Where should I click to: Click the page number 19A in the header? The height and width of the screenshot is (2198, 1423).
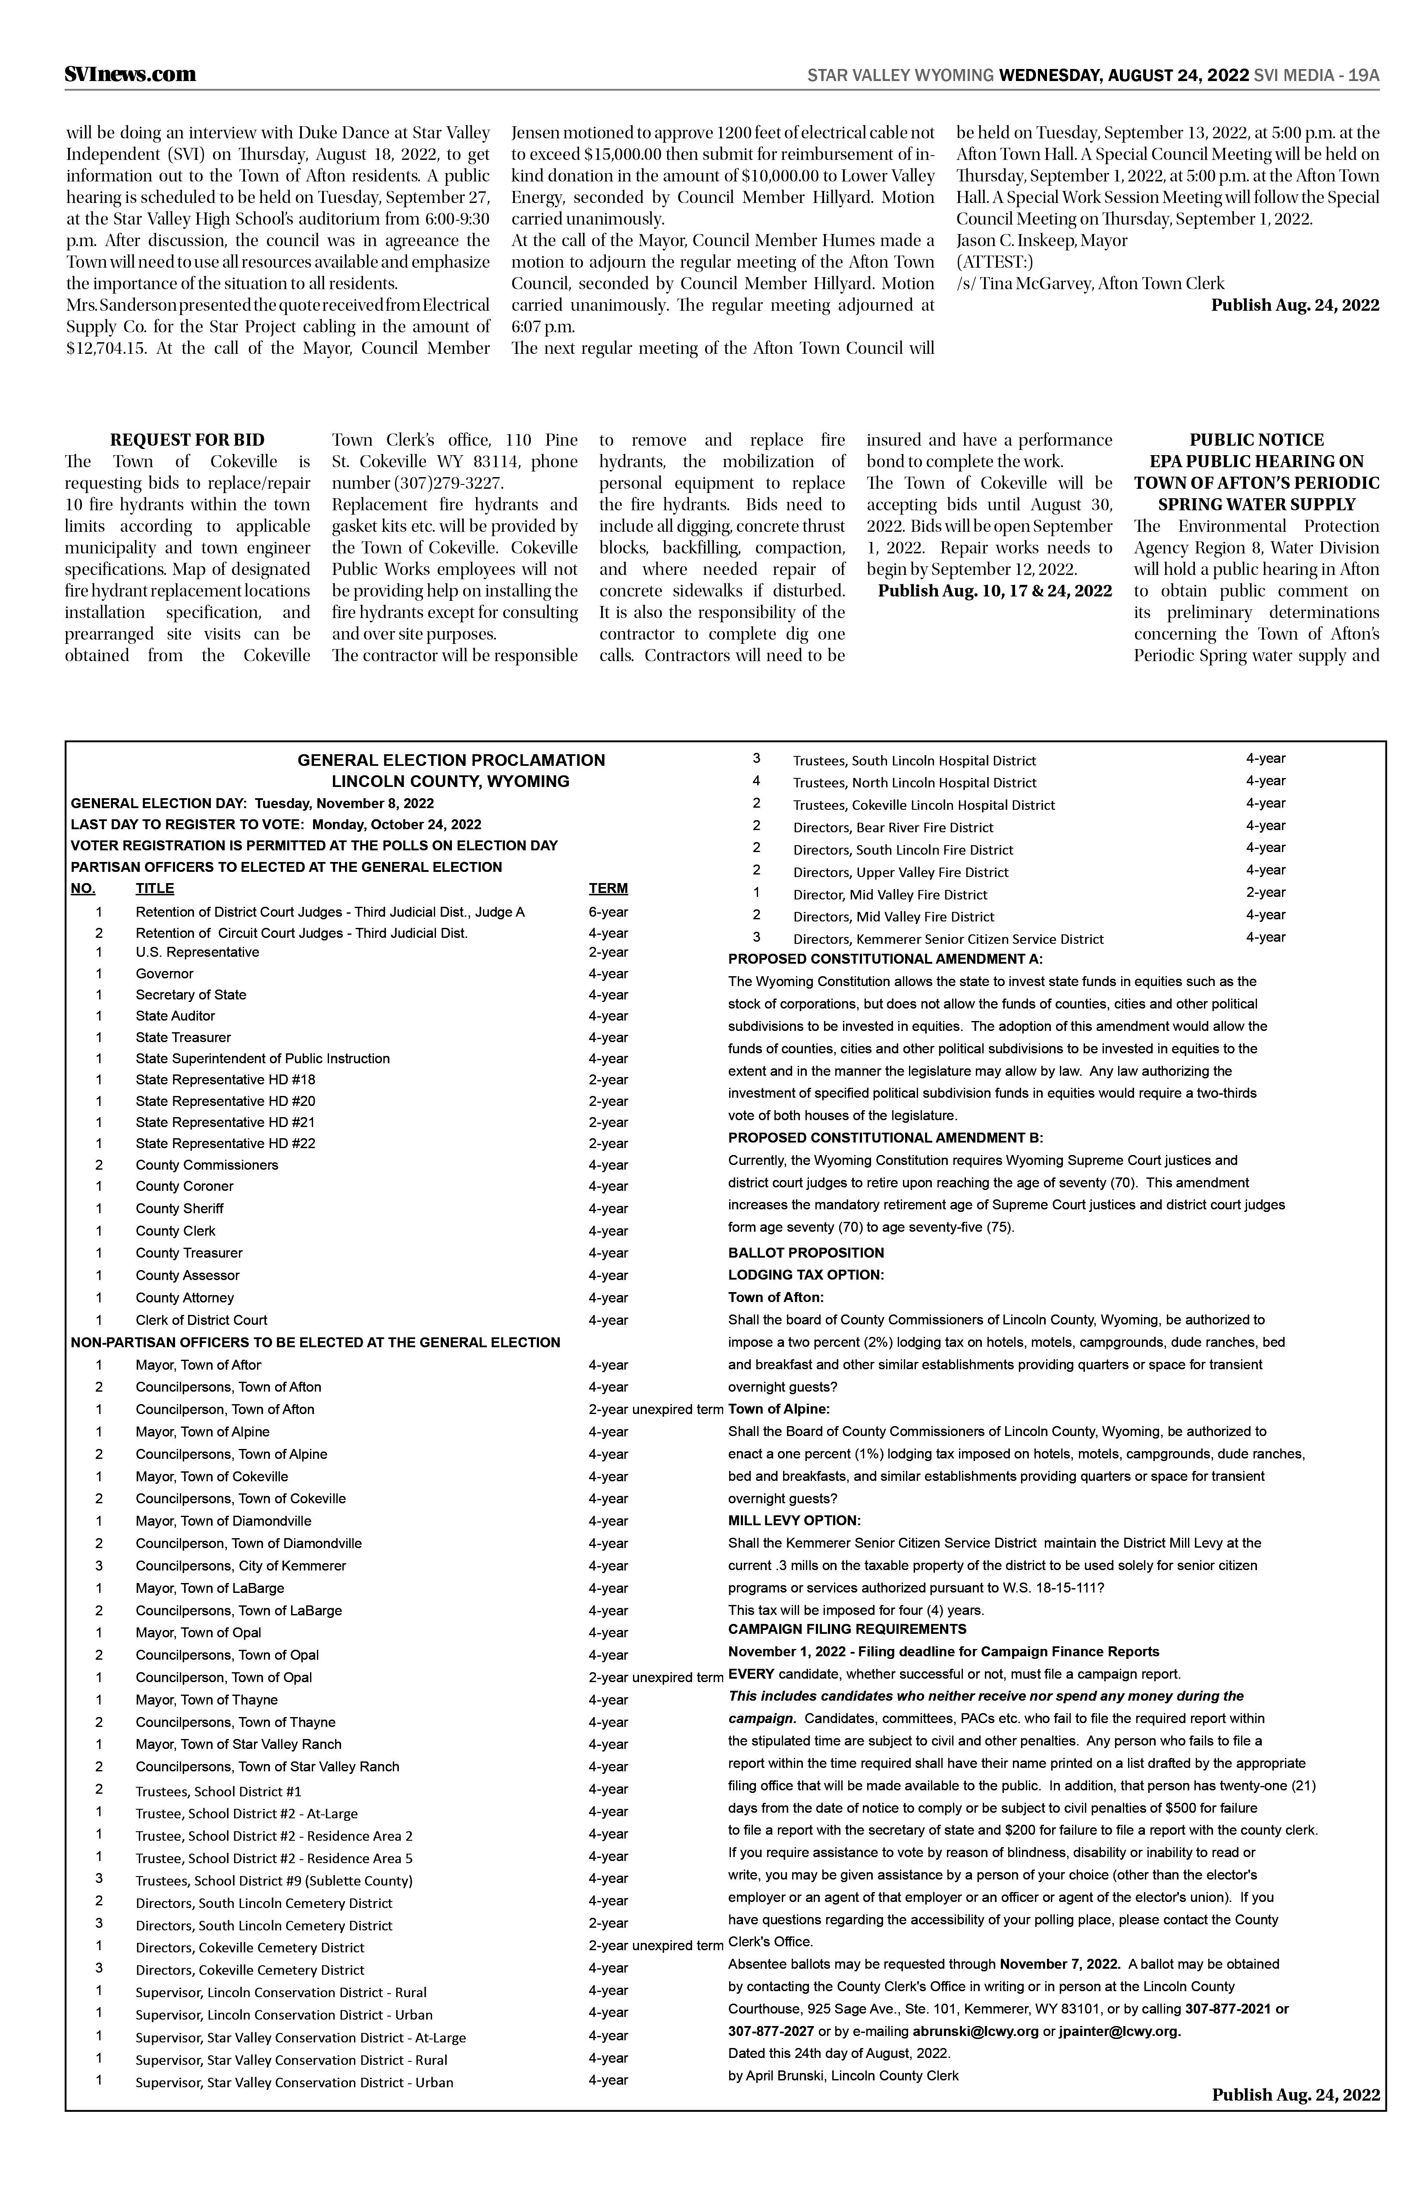[x=1363, y=76]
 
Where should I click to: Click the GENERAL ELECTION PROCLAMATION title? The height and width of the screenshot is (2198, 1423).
[x=451, y=760]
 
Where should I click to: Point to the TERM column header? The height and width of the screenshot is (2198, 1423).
[x=608, y=888]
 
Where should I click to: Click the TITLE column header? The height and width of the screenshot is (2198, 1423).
[x=154, y=888]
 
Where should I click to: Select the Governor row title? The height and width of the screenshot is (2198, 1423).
[x=164, y=974]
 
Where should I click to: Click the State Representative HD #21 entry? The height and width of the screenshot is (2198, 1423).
[x=226, y=1122]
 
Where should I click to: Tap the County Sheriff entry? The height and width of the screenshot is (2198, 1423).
[x=179, y=1208]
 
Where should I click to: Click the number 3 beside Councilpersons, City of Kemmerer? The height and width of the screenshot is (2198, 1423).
[x=99, y=1565]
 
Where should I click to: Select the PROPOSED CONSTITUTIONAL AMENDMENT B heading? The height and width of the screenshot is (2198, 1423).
[x=885, y=1138]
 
